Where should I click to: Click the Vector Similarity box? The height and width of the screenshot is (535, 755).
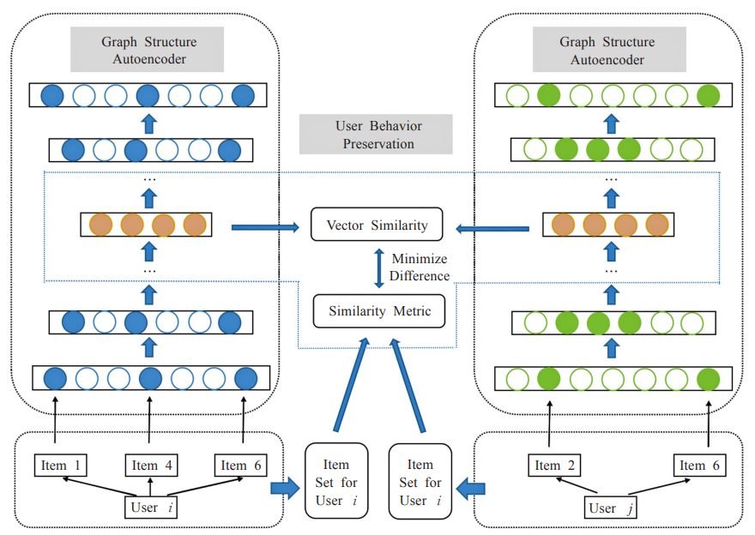(377, 225)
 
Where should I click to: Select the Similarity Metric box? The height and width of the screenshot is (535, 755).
(378, 311)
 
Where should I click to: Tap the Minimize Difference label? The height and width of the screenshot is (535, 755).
(420, 267)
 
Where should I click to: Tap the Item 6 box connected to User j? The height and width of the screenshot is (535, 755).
(698, 466)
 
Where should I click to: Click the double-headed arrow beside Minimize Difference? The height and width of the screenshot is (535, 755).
(378, 268)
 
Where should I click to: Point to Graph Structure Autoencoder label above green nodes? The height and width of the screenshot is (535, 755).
(607, 51)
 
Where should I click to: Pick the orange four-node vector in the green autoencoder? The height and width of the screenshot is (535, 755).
(609, 225)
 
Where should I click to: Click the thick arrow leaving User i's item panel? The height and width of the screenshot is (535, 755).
(285, 489)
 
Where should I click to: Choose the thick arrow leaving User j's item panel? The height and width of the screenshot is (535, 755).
(470, 489)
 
